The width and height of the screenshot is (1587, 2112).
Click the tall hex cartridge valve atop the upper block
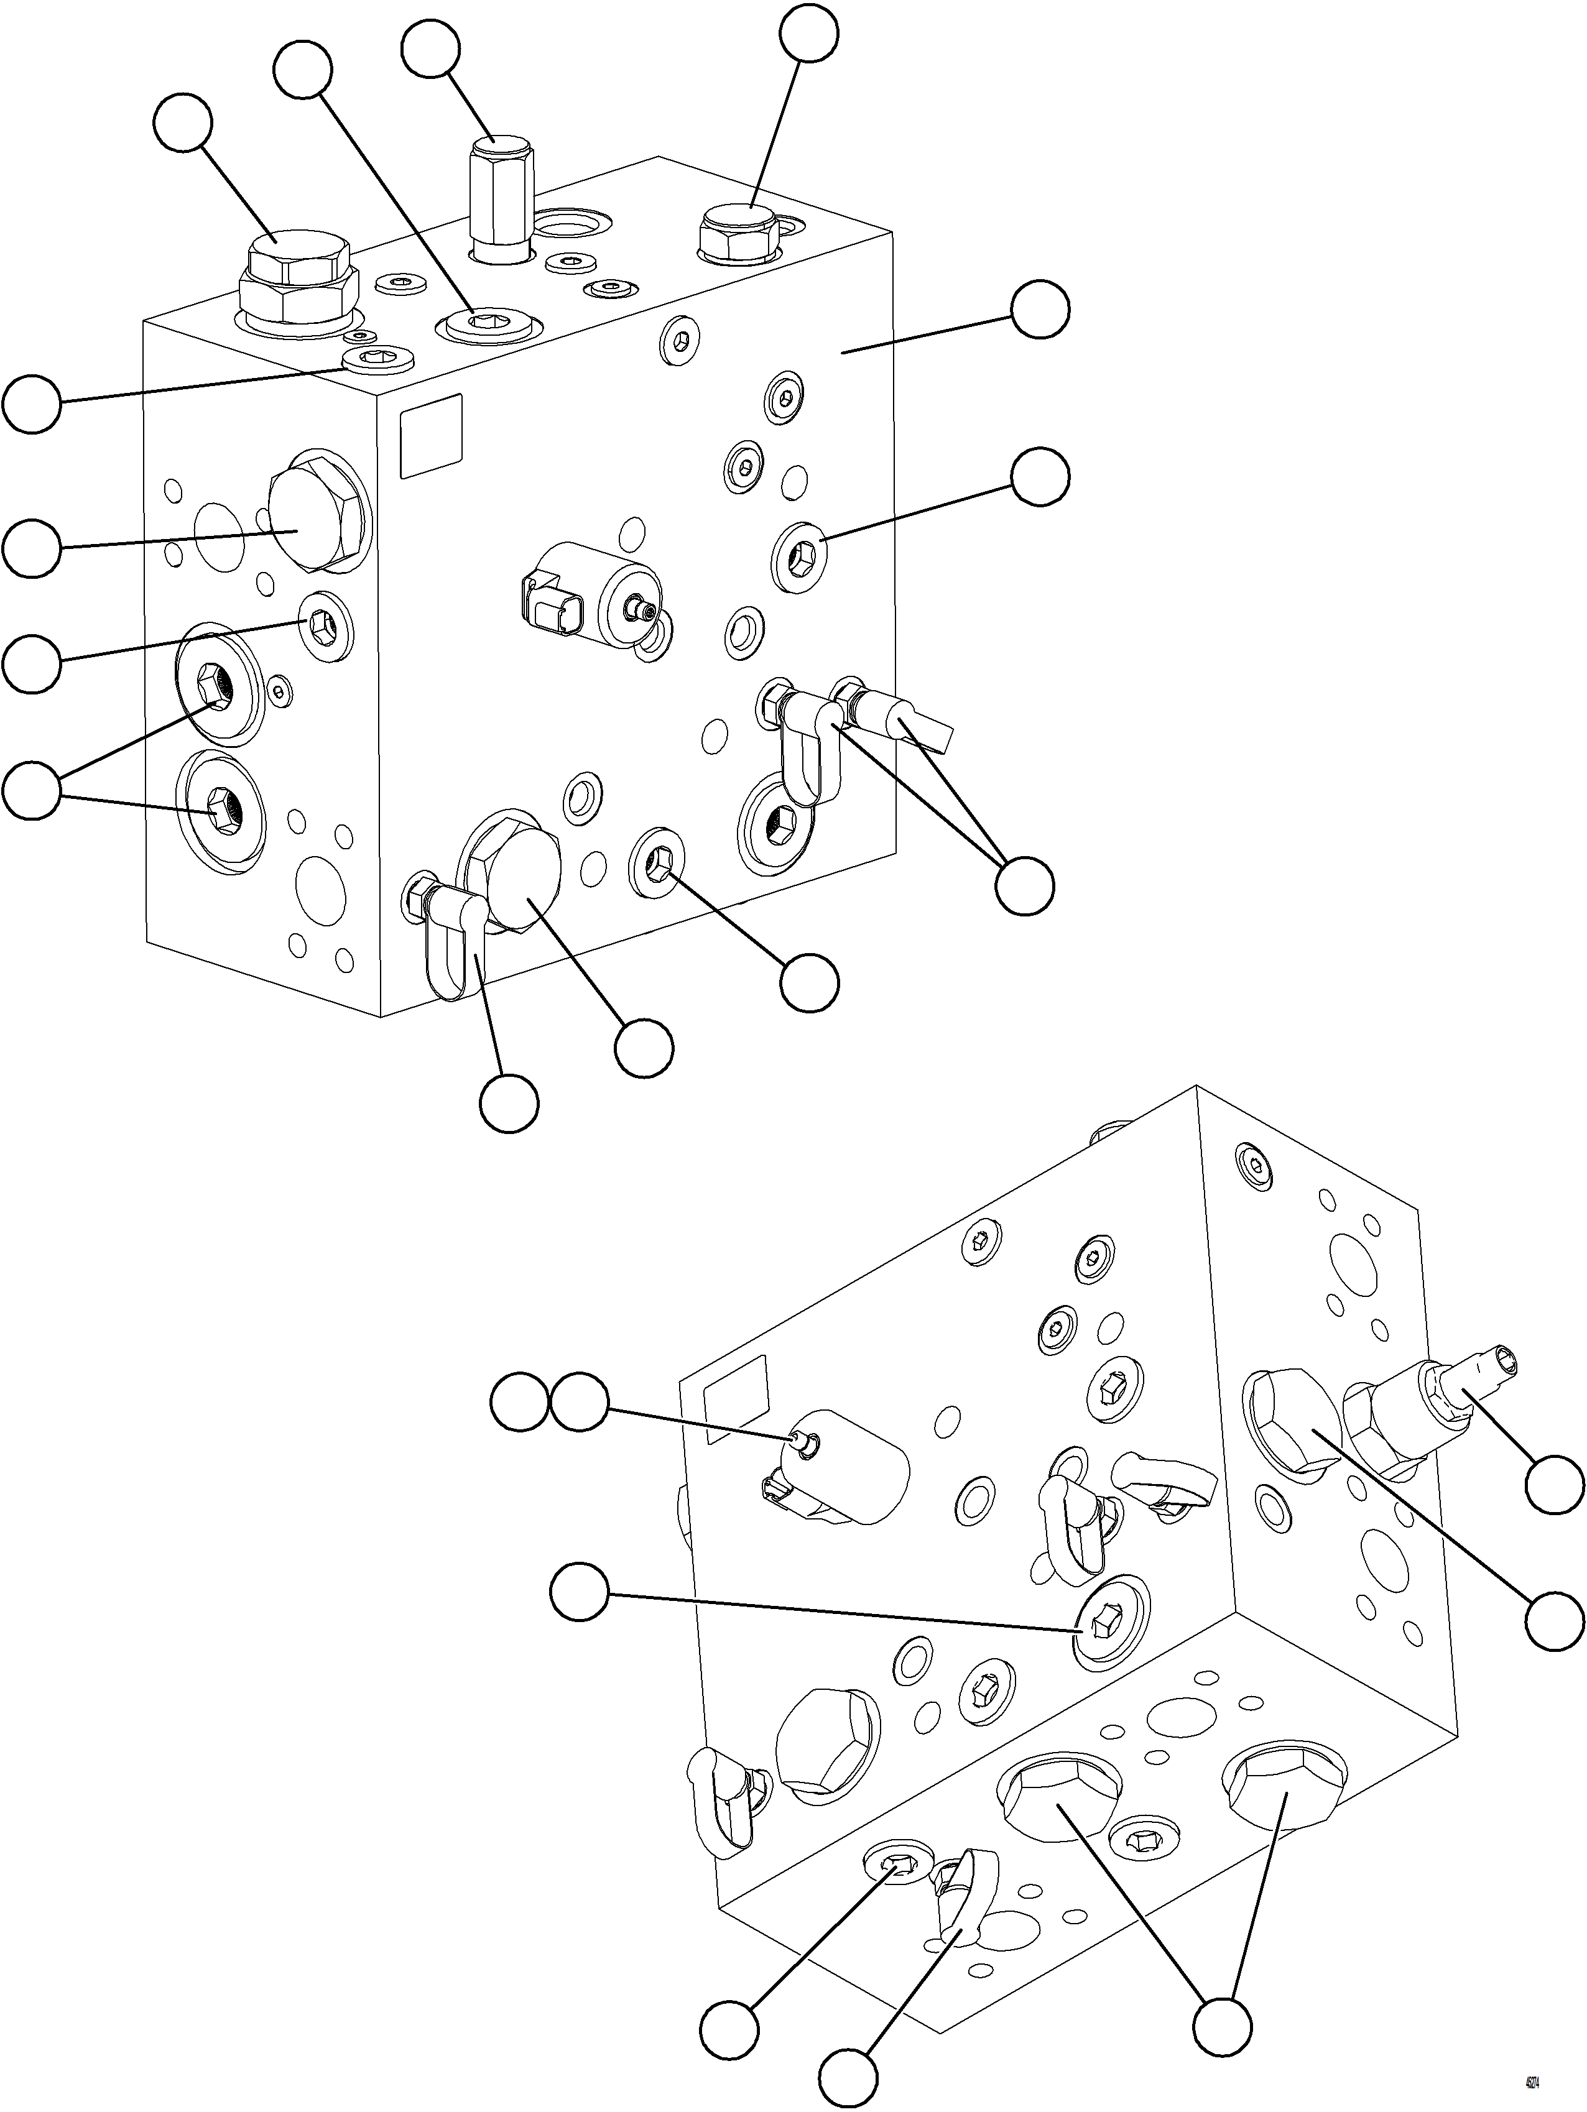(x=499, y=198)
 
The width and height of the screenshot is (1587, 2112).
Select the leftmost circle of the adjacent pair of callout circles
(x=521, y=1401)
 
